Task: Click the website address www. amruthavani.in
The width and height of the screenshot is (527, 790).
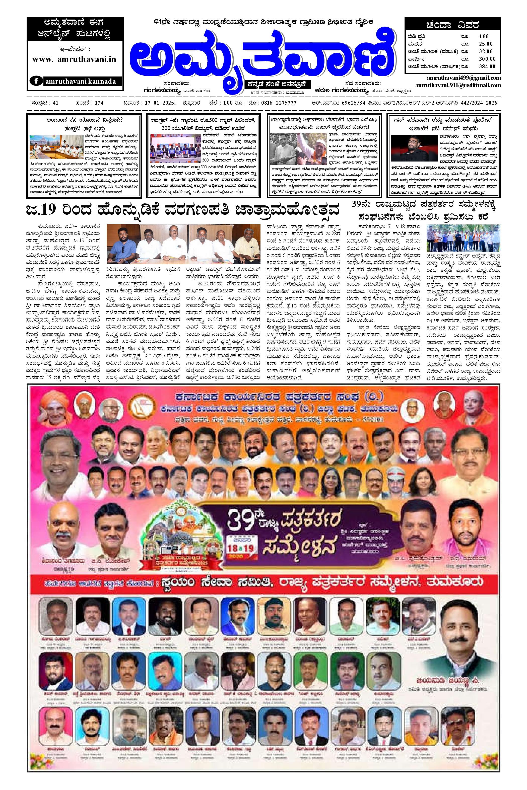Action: point(74,59)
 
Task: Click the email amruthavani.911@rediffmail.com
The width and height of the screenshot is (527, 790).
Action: point(458,85)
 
